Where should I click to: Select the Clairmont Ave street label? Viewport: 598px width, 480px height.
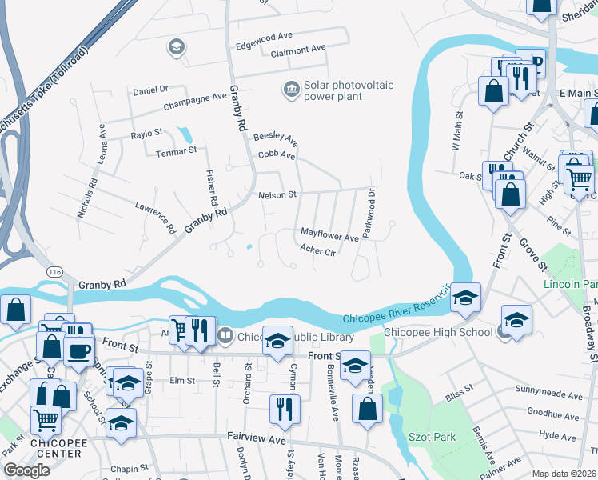298,50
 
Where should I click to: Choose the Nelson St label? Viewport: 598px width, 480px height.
277,194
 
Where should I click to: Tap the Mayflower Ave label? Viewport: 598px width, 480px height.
329,238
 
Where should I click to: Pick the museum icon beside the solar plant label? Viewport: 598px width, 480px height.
291,87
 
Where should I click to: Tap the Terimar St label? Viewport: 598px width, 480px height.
176,150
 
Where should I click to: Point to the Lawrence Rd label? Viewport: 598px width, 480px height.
155,217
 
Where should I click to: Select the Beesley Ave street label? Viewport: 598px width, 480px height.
276,138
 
